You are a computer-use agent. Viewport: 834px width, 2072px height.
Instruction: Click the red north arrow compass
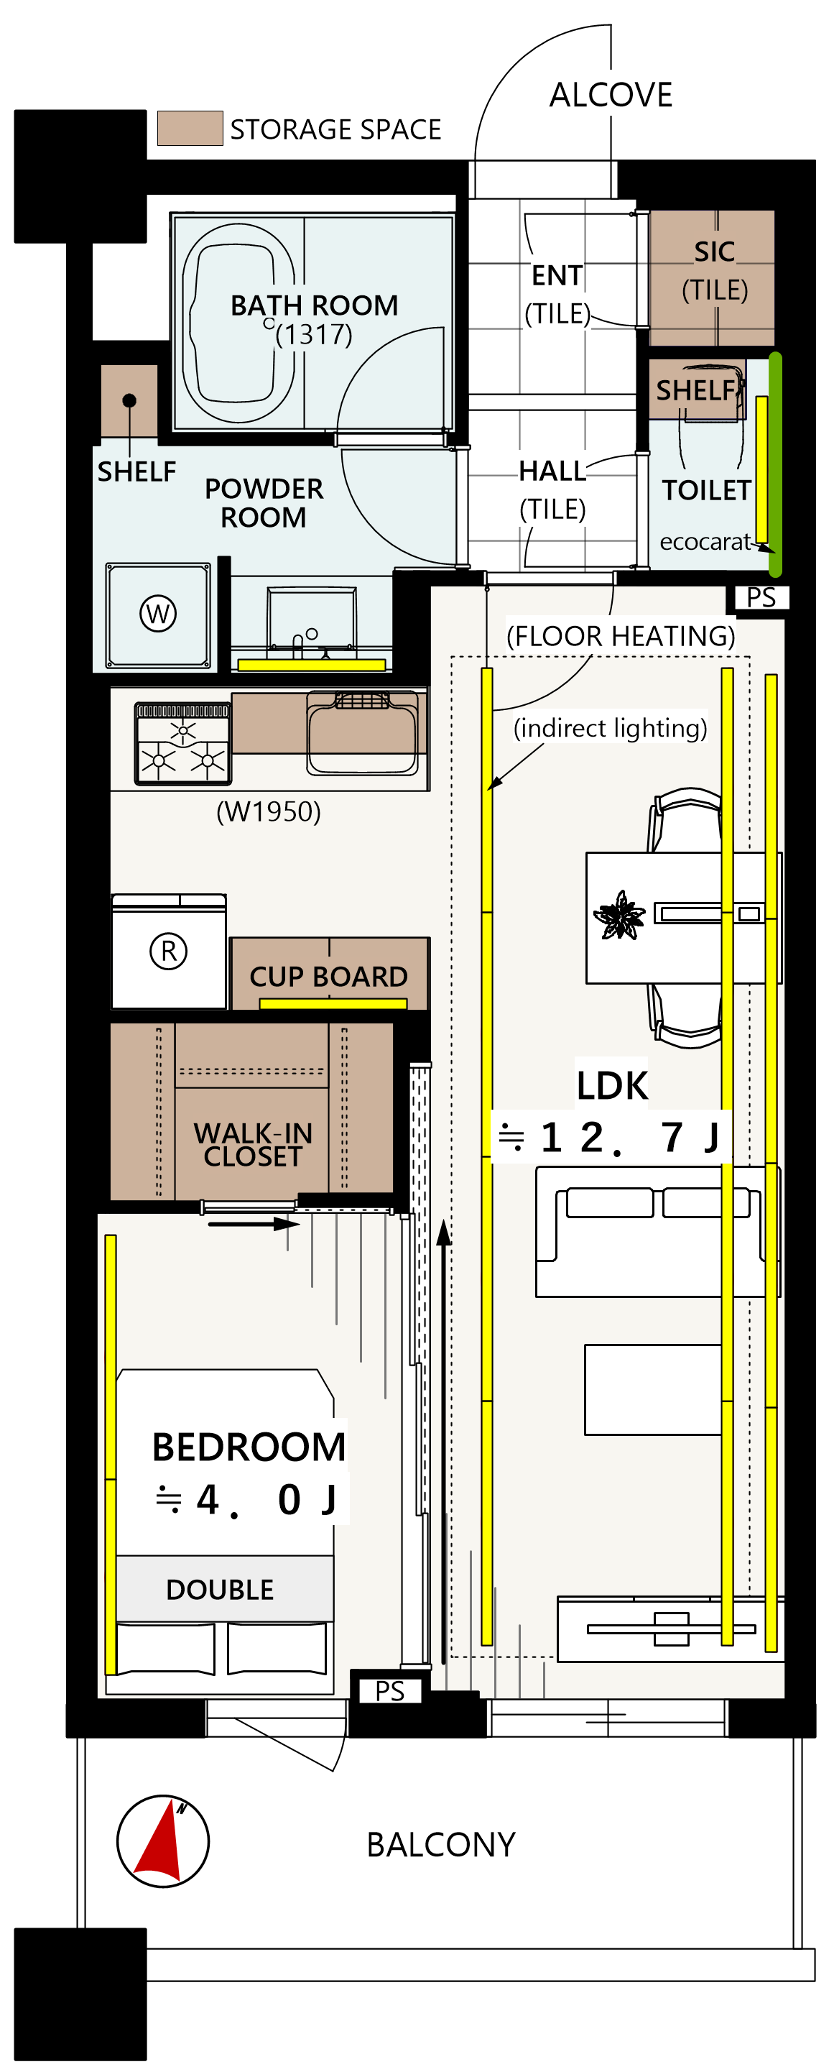[163, 1841]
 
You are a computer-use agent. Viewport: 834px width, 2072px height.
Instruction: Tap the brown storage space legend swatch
[190, 128]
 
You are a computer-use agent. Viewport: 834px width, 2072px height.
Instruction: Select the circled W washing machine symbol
[159, 614]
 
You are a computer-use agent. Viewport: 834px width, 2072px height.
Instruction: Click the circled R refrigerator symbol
[169, 951]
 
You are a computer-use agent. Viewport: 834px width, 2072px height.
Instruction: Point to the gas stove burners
[182, 744]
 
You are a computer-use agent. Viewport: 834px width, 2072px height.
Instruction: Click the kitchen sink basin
[363, 734]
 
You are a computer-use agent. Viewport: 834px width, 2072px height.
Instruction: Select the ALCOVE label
[611, 95]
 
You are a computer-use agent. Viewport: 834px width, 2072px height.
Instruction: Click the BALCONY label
[441, 1844]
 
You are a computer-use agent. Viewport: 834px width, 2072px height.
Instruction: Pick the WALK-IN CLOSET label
[253, 1145]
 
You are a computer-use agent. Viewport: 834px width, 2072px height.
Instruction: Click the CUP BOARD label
[328, 977]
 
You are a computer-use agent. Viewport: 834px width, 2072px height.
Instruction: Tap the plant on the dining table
[619, 915]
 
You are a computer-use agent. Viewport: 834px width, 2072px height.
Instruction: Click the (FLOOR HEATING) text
[621, 636]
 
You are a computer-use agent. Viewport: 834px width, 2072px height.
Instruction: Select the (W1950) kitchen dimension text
[269, 811]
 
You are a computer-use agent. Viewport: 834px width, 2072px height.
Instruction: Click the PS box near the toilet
[761, 598]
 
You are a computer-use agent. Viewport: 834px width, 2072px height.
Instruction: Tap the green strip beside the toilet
[775, 464]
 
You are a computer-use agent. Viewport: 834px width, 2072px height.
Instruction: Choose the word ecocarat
[705, 542]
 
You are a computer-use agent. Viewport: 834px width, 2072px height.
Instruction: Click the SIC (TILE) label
[714, 270]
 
